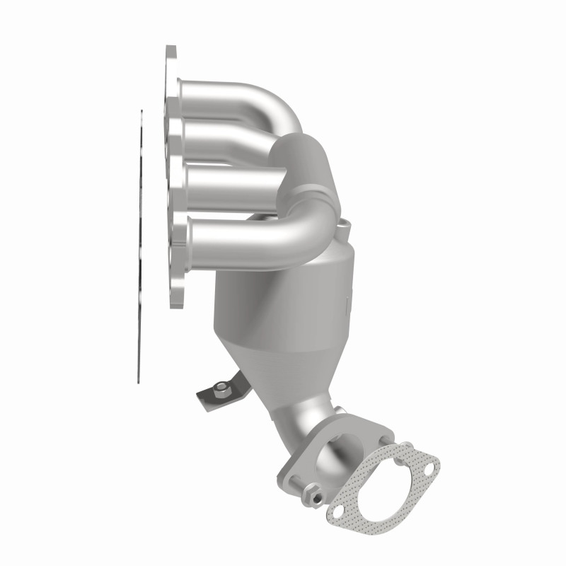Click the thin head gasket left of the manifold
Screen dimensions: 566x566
point(139,248)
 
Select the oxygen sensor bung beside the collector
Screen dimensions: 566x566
point(345,228)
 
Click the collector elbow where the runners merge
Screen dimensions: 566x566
point(301,163)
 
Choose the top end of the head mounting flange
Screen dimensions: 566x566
point(171,57)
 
